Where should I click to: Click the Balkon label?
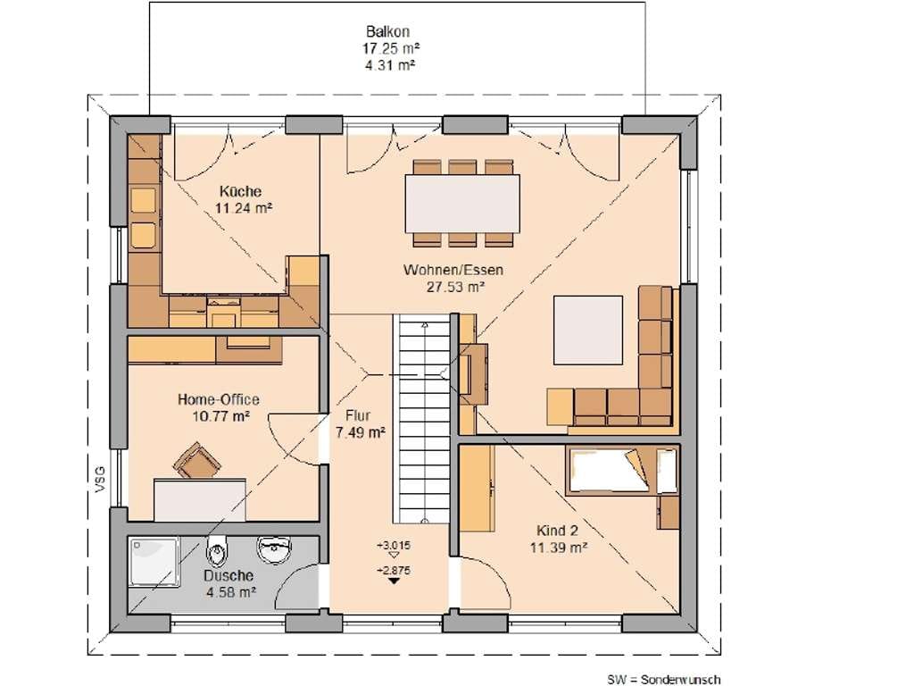pyautogui.click(x=387, y=31)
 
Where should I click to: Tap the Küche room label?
pyautogui.click(x=240, y=191)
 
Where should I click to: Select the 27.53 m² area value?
pyautogui.click(x=453, y=287)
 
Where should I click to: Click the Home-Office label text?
pyautogui.click(x=218, y=399)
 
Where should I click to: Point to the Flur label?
pyautogui.click(x=358, y=415)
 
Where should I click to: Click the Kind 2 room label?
pyautogui.click(x=557, y=531)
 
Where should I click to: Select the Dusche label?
pyautogui.click(x=228, y=576)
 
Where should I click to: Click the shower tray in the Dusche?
pyautogui.click(x=154, y=562)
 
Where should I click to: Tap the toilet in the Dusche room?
pyautogui.click(x=217, y=550)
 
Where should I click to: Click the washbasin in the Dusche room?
pyautogui.click(x=273, y=549)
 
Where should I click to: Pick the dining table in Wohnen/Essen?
pyautogui.click(x=462, y=204)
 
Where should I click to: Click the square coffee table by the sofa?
pyautogui.click(x=587, y=330)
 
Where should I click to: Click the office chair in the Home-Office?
pyautogui.click(x=197, y=461)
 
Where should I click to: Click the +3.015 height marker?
pyautogui.click(x=394, y=546)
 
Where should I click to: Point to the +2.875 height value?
pyautogui.click(x=394, y=570)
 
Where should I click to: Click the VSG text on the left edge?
pyautogui.click(x=100, y=479)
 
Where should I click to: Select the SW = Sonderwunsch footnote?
pyautogui.click(x=663, y=680)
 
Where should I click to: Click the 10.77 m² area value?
pyautogui.click(x=221, y=416)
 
